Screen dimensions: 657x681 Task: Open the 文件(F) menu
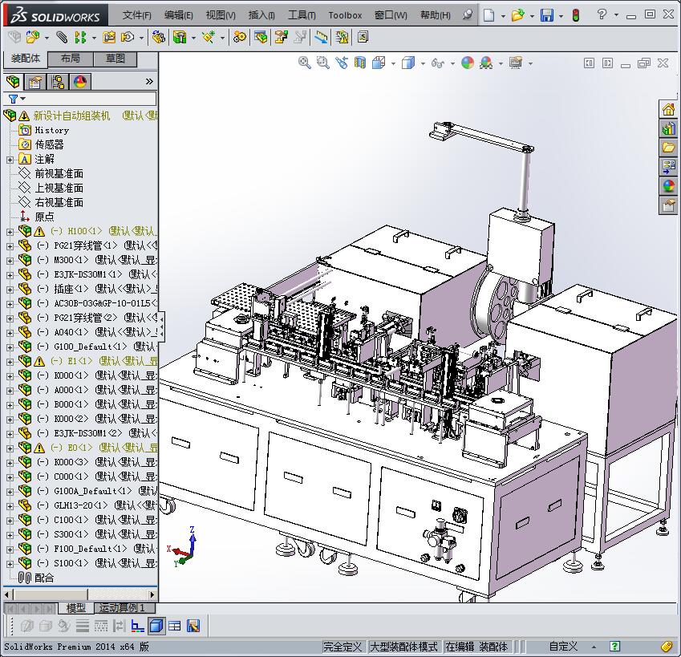136,15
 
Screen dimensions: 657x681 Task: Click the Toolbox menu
345,15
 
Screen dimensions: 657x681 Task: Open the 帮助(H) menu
435,15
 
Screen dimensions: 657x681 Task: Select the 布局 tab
70,59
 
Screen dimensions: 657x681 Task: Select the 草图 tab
115,59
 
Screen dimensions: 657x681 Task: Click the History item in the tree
51,130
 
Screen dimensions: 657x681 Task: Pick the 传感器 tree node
49,144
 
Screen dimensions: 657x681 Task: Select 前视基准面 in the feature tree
59,173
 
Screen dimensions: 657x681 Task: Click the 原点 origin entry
44,217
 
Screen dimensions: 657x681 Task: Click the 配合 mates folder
44,578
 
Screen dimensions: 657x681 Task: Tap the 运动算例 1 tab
122,608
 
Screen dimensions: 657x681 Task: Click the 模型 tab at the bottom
75,608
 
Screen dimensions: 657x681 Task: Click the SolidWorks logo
53,15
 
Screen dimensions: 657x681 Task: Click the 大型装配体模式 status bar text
403,647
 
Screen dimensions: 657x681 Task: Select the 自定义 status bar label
563,647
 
